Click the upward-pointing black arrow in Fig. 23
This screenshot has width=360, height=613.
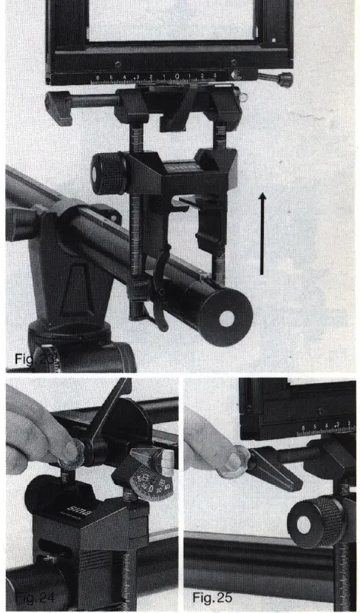262,233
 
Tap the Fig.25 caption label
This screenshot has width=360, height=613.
209,593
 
